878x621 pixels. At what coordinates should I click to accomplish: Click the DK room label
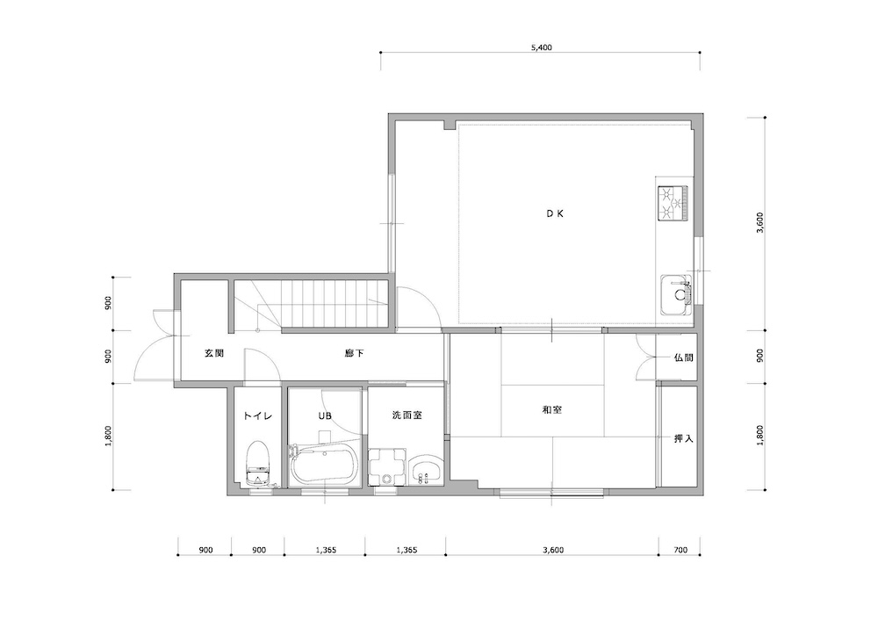click(x=554, y=213)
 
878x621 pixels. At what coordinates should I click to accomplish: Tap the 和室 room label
click(x=551, y=410)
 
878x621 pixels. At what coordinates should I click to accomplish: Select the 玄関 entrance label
click(x=214, y=353)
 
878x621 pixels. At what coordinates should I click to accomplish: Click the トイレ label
click(x=257, y=415)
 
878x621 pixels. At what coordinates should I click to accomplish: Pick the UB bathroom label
click(x=325, y=415)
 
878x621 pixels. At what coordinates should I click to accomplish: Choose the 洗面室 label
click(x=407, y=415)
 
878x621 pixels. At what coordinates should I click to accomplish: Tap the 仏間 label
click(x=683, y=357)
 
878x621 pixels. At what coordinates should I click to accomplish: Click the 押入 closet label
click(x=683, y=438)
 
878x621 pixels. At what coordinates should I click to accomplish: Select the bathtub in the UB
click(x=324, y=465)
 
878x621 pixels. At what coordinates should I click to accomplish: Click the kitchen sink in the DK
click(x=676, y=294)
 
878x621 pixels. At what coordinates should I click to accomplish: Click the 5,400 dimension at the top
click(x=541, y=47)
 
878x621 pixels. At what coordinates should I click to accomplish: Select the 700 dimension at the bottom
click(x=680, y=550)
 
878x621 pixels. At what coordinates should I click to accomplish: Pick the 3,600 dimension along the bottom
click(x=552, y=550)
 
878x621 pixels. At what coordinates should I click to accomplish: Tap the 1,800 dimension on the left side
click(x=108, y=437)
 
